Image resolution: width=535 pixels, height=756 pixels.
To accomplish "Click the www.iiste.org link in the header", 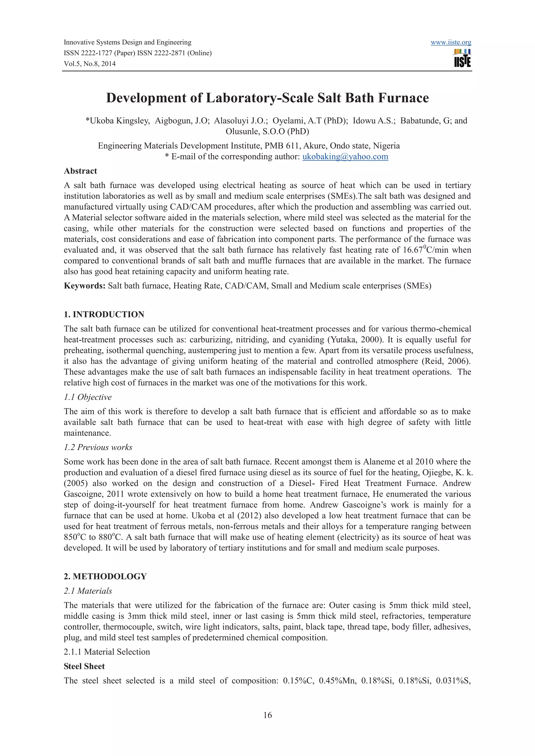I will coord(451,43).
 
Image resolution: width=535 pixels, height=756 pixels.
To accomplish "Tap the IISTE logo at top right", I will coord(462,58).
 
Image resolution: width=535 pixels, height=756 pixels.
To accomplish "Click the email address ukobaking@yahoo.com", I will coord(345,157).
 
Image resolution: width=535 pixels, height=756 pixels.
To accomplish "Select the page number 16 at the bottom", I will coord(267,715).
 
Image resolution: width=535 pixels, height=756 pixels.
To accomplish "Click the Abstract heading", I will coord(80,171).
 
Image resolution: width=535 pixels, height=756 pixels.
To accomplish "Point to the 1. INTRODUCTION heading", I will coord(104,314).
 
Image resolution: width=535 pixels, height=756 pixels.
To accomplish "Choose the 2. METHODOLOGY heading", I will coord(105,576).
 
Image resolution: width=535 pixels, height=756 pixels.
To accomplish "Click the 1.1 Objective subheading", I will coord(88,397).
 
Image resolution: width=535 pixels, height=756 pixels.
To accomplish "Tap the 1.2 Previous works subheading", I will coord(98,447).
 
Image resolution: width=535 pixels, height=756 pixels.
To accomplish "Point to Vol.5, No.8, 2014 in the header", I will coord(90,64).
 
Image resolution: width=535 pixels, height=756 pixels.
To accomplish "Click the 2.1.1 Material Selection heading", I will coord(107,652).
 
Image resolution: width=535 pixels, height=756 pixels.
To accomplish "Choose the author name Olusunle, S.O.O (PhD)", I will coord(267,131).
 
